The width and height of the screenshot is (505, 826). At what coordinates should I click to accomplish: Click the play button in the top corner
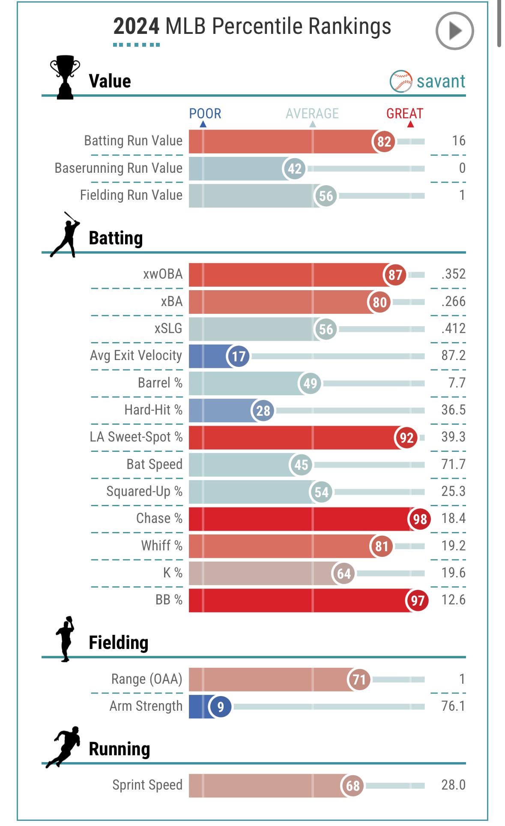(x=454, y=31)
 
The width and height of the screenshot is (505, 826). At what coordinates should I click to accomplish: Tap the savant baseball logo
(x=401, y=81)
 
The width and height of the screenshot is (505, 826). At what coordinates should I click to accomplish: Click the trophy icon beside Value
(x=65, y=77)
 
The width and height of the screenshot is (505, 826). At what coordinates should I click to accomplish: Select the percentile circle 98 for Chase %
(x=419, y=519)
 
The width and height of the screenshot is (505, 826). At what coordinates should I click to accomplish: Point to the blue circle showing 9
(x=220, y=706)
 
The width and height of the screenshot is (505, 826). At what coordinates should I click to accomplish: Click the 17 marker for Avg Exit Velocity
(x=238, y=356)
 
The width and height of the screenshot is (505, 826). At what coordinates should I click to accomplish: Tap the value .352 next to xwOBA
(x=453, y=274)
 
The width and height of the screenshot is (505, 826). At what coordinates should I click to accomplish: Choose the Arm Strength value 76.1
(x=453, y=706)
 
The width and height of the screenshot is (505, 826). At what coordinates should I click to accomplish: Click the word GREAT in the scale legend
(x=404, y=114)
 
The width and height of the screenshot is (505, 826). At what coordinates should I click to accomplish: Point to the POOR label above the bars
(x=205, y=114)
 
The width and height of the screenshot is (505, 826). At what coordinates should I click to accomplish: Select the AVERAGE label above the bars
(x=312, y=114)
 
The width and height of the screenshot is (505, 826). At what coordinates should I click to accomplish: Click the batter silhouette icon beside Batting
(x=66, y=235)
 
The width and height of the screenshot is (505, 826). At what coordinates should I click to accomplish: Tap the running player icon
(x=64, y=746)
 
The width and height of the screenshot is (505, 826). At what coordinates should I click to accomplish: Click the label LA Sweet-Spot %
(x=136, y=437)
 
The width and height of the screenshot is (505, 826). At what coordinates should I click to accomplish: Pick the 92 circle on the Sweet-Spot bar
(x=406, y=438)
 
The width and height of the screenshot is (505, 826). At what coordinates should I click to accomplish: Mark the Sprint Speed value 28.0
(x=453, y=785)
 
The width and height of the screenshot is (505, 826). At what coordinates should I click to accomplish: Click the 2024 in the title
(x=136, y=27)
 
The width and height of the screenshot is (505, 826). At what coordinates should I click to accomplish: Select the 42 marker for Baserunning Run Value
(x=294, y=168)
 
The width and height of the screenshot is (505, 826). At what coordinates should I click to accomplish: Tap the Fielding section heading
(x=118, y=643)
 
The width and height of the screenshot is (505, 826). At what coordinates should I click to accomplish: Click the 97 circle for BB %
(x=417, y=601)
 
